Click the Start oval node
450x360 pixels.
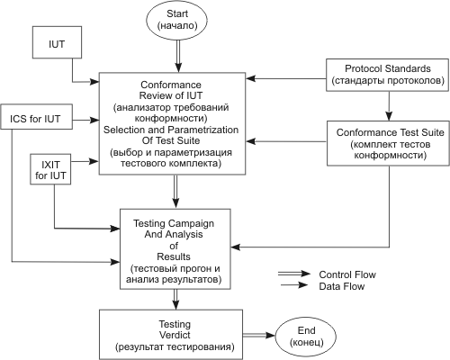point(176,20)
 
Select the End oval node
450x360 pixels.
point(306,336)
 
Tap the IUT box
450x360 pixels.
point(57,42)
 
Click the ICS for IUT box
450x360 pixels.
point(36,117)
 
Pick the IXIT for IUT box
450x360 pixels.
point(50,169)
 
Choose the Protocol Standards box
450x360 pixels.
point(388,75)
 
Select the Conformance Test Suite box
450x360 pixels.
point(388,143)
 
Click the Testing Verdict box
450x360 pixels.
point(171,334)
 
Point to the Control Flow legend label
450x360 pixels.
point(347,274)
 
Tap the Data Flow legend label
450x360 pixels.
point(342,286)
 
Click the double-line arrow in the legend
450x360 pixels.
point(294,274)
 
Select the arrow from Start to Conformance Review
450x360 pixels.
point(178,56)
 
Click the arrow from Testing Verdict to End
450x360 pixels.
point(259,335)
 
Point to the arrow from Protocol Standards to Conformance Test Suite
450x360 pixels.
point(389,106)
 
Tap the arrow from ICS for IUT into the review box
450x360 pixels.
point(85,120)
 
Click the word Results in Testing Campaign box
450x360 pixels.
point(174,256)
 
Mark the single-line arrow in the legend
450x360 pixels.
point(294,285)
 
